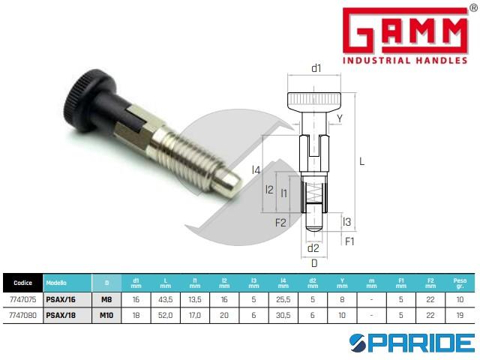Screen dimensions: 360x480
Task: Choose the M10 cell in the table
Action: [107, 315]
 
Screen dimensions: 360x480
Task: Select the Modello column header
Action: [57, 283]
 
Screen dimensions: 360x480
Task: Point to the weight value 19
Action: [459, 315]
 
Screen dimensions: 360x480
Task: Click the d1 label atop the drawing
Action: [316, 68]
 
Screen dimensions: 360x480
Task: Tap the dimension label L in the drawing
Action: [362, 160]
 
